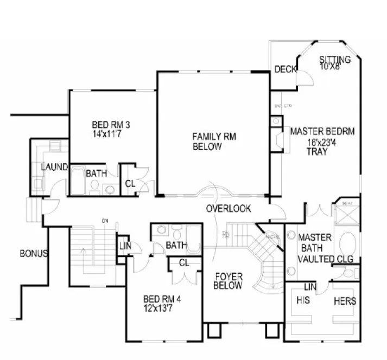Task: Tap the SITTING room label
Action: (x=334, y=59)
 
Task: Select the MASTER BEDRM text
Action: (x=322, y=131)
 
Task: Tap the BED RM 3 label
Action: (x=110, y=125)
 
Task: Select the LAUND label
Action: (x=54, y=166)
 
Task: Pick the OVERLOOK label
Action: (x=229, y=209)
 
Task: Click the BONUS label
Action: (x=34, y=253)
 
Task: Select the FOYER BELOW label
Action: (x=227, y=281)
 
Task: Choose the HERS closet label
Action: (x=345, y=300)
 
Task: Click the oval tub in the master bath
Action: (x=347, y=241)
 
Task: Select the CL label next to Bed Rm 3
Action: (x=130, y=183)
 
